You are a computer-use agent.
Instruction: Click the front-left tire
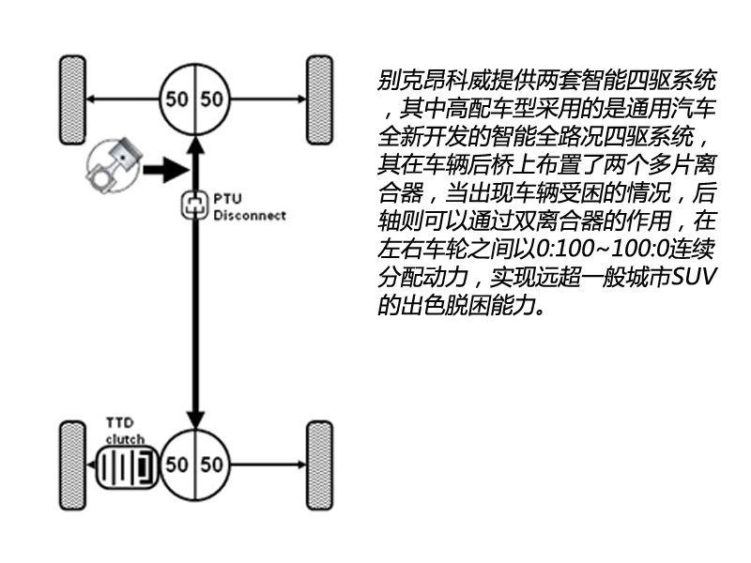coord(73,100)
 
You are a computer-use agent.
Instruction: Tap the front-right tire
coord(319,100)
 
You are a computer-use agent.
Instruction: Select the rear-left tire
coord(73,465)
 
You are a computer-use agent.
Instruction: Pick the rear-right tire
coord(319,465)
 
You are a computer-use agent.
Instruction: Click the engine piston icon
coord(114,166)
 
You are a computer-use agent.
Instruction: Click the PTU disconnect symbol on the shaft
coord(195,205)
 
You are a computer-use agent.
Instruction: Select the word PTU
coord(227,199)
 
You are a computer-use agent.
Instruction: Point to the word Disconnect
coord(250,216)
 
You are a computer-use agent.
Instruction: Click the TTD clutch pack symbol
coord(127,466)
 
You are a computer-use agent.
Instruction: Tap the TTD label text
coord(120,423)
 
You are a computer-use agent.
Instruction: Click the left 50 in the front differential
coord(176,99)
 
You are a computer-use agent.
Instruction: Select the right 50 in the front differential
coord(212,99)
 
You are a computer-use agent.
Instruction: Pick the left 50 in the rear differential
coord(176,464)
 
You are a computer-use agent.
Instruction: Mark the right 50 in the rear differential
coord(212,464)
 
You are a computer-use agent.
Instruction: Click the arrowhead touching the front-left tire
coord(91,99)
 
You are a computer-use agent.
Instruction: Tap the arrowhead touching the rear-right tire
coord(301,464)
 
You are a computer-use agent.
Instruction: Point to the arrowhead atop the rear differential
coord(195,419)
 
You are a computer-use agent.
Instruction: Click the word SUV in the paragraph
coord(693,277)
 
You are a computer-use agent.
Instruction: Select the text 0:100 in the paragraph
coord(565,249)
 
